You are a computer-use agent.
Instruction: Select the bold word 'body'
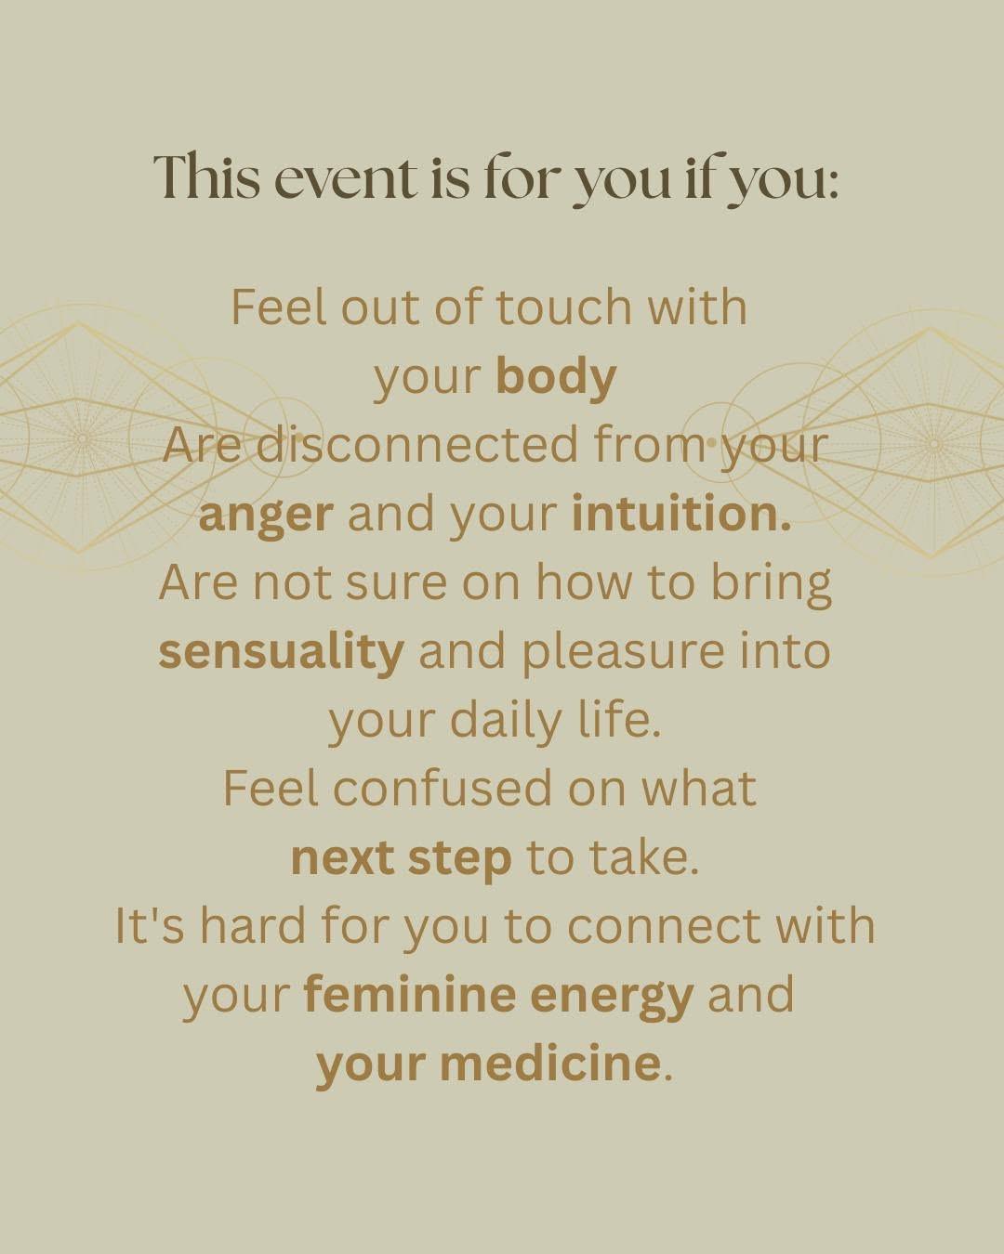coord(556,378)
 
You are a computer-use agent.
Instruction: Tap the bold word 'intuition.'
coord(681,514)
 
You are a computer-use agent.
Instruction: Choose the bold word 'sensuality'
coord(281,652)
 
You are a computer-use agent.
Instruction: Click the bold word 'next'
coord(343,857)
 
